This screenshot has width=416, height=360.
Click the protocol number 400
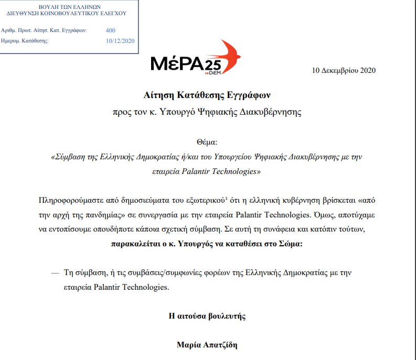tap(110, 30)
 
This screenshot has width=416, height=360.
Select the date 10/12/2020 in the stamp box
tap(120, 40)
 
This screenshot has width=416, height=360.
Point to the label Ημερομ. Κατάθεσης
tap(25, 40)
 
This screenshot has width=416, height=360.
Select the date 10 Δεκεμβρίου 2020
tap(344, 71)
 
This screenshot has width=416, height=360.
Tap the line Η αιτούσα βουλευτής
tap(208, 316)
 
